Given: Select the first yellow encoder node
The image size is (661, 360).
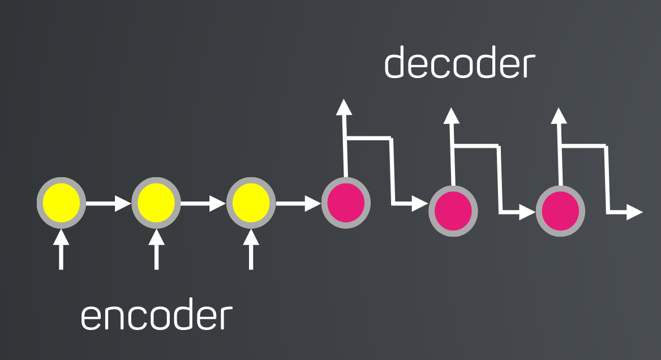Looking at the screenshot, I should pyautogui.click(x=61, y=203).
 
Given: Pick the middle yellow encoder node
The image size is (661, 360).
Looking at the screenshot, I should pyautogui.click(x=156, y=203).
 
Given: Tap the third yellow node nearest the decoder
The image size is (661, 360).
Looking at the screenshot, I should pyautogui.click(x=251, y=203).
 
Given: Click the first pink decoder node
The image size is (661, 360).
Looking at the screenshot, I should pyautogui.click(x=346, y=203).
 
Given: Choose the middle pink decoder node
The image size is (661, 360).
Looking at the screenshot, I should pyautogui.click(x=453, y=211).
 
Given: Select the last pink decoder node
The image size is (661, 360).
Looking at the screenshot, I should pyautogui.click(x=560, y=211).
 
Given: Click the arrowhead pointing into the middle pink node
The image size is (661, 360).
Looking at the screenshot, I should pyautogui.click(x=420, y=203).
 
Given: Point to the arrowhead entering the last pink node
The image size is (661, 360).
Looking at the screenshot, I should pyautogui.click(x=527, y=212).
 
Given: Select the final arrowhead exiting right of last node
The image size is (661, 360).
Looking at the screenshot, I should pyautogui.click(x=635, y=212).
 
